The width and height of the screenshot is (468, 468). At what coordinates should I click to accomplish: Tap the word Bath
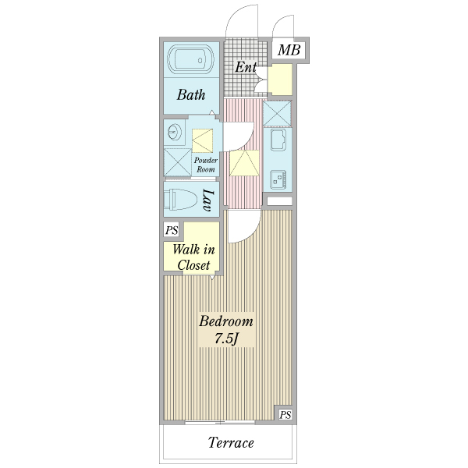(x=191, y=96)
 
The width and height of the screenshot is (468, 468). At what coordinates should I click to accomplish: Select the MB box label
(x=290, y=51)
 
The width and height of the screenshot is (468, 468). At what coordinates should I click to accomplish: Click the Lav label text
(x=208, y=202)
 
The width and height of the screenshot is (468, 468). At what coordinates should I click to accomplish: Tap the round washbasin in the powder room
(x=173, y=133)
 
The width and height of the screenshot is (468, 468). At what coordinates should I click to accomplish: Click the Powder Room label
(x=205, y=164)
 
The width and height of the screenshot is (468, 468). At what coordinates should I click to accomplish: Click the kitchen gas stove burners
(x=278, y=179)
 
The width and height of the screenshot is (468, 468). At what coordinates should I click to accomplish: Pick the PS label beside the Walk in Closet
(x=172, y=230)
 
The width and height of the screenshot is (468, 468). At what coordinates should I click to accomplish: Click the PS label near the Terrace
(x=285, y=415)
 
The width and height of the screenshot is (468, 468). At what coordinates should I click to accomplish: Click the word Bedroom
(x=226, y=321)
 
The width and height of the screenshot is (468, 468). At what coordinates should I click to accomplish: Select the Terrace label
(x=231, y=444)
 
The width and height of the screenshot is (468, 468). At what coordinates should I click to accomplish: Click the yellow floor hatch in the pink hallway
(x=243, y=163)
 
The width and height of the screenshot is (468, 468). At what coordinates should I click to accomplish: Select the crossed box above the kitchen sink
(x=278, y=114)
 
